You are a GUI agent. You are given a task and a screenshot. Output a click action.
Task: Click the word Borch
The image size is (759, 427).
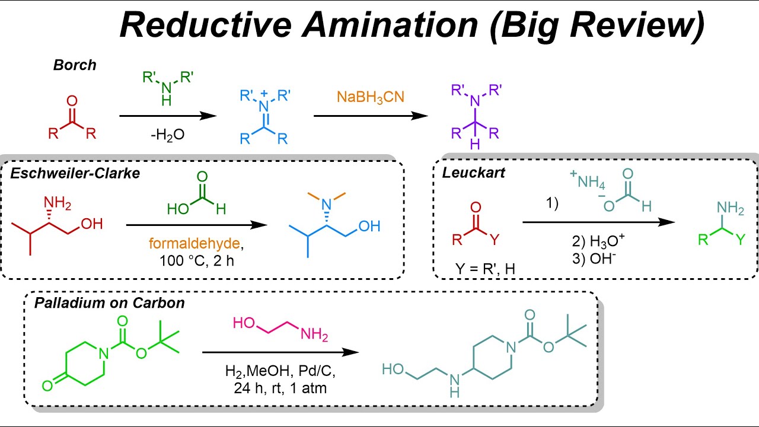(x=74, y=65)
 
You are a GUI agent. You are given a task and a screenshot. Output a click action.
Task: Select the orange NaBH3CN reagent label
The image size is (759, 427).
(x=370, y=96)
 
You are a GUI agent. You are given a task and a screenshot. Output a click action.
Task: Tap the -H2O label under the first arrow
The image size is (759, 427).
(x=167, y=135)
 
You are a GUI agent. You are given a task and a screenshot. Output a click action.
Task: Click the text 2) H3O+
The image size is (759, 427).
(x=599, y=242)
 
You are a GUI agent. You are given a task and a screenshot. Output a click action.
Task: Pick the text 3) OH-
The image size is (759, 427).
(x=595, y=259)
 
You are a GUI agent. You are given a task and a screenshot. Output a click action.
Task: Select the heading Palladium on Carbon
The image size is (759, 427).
(x=109, y=303)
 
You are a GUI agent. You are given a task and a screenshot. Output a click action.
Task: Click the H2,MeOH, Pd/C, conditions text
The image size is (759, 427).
(x=280, y=372)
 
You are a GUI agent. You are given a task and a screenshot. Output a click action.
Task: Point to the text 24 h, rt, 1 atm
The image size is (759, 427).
(x=280, y=388)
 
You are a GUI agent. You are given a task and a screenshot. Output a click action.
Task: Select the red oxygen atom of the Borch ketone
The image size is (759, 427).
(x=72, y=101)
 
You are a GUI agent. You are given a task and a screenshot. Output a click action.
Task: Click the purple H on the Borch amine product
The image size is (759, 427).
(x=474, y=145)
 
